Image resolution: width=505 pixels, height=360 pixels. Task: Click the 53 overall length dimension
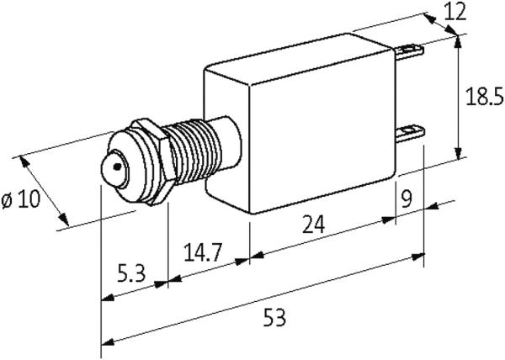point(274,317)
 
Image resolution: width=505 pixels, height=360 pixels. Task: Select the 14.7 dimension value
point(203,252)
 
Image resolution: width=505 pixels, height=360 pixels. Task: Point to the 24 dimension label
point(313,224)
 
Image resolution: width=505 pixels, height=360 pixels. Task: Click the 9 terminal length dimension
point(407,199)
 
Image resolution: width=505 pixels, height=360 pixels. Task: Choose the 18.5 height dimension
point(485,97)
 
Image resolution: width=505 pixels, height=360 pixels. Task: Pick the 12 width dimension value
point(455,13)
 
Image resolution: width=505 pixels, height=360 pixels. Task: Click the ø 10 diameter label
point(20,199)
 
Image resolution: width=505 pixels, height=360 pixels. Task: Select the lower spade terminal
point(411,134)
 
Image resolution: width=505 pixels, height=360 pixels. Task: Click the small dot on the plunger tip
point(117,167)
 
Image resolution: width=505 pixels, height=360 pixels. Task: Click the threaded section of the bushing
point(194,151)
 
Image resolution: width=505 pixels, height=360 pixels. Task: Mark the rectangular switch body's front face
point(322,131)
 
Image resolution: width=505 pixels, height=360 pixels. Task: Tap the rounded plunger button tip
point(114,169)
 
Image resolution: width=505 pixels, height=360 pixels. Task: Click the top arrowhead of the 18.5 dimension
point(458,41)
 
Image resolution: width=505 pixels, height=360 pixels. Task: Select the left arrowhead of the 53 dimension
point(108,341)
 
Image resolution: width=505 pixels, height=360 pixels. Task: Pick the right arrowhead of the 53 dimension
point(417,257)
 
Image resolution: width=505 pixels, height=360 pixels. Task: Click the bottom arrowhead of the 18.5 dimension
point(458,152)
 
